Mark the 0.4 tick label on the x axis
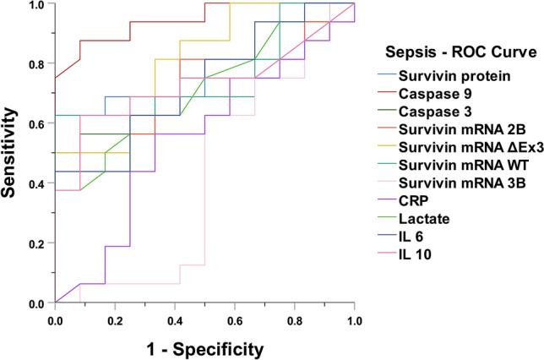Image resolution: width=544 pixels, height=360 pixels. (175, 321)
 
